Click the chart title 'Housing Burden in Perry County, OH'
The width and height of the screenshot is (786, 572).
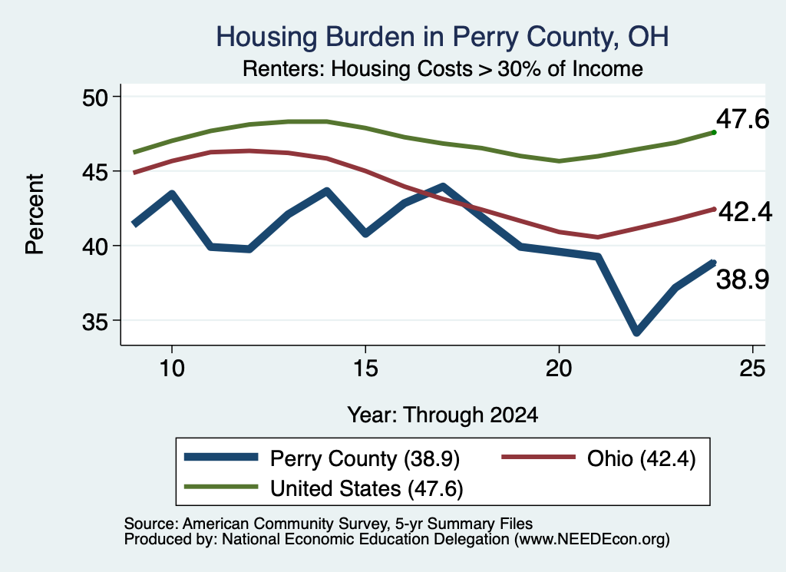(442, 37)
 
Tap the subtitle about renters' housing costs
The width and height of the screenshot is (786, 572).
(443, 68)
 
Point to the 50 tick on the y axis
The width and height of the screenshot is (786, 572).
(95, 98)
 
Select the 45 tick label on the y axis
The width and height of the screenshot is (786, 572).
(95, 172)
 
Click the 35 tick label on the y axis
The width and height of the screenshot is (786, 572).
(95, 322)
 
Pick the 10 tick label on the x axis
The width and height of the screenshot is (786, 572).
(172, 369)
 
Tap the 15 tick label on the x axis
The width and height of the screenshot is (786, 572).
(365, 369)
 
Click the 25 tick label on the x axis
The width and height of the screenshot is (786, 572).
(752, 369)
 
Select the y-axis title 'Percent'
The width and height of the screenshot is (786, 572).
(35, 214)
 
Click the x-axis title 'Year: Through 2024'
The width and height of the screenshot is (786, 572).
(443, 415)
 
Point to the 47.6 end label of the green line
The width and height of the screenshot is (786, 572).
(742, 119)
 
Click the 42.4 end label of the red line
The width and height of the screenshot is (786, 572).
(745, 212)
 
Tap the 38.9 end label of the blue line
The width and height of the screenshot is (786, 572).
(742, 279)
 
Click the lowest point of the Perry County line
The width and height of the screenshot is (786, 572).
(636, 332)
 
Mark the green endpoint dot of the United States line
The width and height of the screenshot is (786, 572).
(714, 132)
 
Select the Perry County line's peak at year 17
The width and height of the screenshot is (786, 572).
(443, 187)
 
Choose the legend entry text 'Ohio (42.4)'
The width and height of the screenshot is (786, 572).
(641, 458)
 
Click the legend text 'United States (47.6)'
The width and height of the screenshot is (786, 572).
(366, 489)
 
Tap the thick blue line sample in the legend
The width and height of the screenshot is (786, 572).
(221, 457)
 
